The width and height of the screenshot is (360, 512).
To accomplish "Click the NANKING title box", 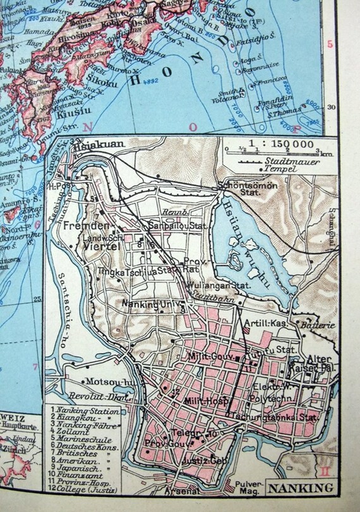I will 296,487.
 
